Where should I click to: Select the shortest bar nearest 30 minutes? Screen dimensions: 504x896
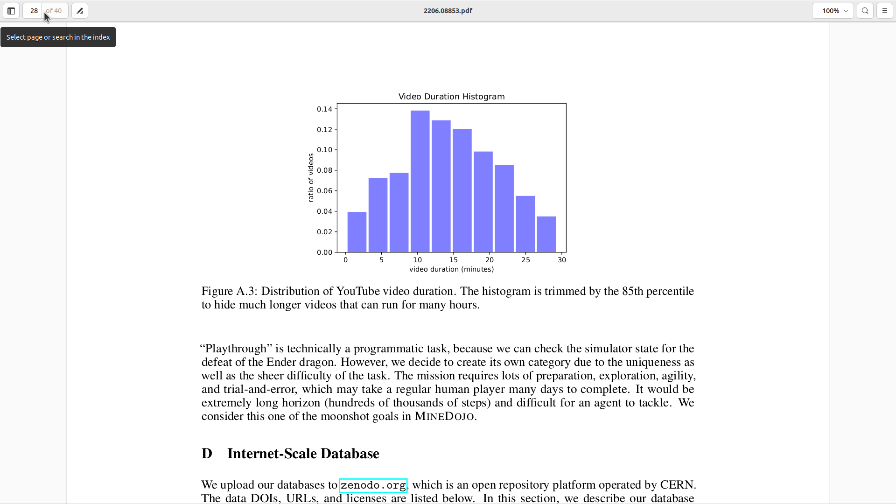pyautogui.click(x=546, y=234)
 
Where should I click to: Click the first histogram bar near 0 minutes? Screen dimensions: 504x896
pyautogui.click(x=357, y=232)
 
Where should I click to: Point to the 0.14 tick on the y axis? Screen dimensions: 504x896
pyautogui.click(x=325, y=109)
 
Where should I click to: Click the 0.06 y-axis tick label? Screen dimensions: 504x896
pyautogui.click(x=325, y=191)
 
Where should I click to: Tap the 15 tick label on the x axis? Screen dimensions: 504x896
pyautogui.click(x=454, y=260)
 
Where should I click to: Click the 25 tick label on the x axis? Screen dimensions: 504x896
pyautogui.click(x=525, y=260)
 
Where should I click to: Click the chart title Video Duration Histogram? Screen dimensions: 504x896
pyautogui.click(x=451, y=97)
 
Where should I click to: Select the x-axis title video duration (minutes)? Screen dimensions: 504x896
pyautogui.click(x=451, y=269)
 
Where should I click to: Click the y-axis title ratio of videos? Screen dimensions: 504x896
pyautogui.click(x=311, y=178)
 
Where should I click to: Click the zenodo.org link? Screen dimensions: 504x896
pyautogui.click(x=373, y=485)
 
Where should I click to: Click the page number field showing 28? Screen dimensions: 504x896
pyautogui.click(x=34, y=11)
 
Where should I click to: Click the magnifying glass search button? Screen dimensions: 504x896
pyautogui.click(x=865, y=11)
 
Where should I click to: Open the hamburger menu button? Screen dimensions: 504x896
pyautogui.click(x=885, y=11)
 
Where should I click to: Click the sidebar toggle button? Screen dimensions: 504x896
pyautogui.click(x=11, y=11)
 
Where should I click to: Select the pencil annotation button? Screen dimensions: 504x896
pyautogui.click(x=80, y=11)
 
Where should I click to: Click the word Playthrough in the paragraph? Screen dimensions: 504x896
pyautogui.click(x=236, y=349)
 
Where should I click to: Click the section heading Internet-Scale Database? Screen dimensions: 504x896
pyautogui.click(x=303, y=454)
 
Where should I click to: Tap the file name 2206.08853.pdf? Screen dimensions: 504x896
pyautogui.click(x=448, y=11)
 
